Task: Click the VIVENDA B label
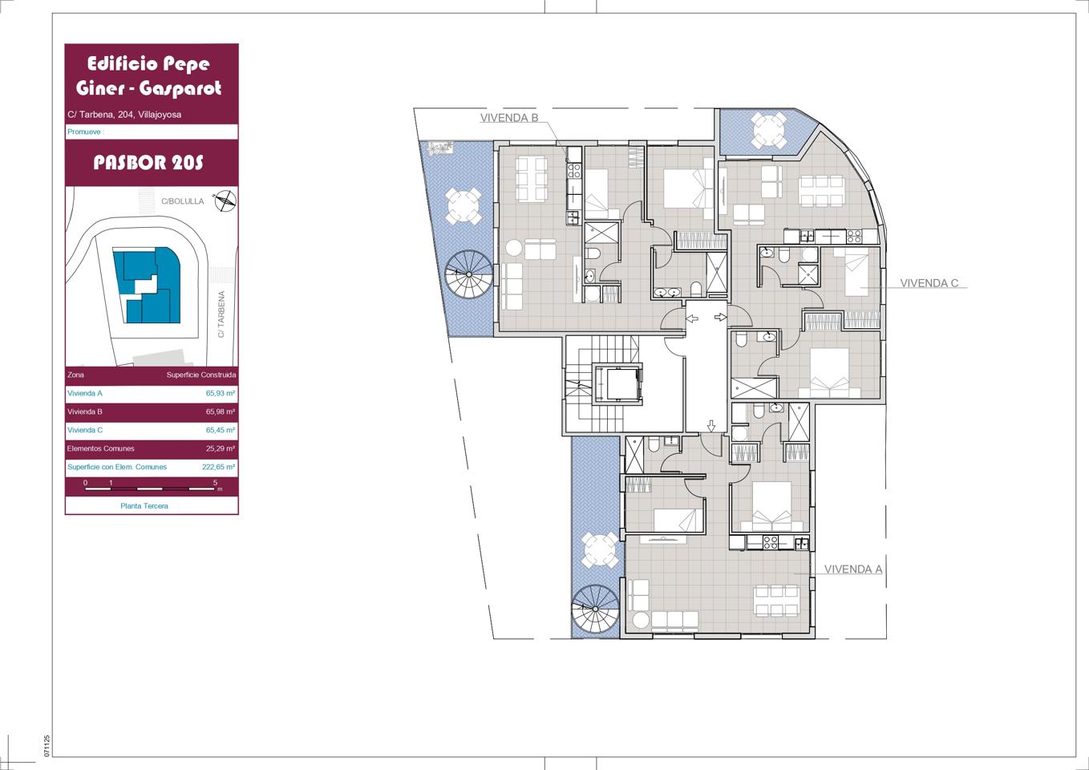pos(509,118)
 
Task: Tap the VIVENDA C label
pos(929,283)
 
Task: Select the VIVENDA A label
pos(853,569)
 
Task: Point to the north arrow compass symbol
pos(225,201)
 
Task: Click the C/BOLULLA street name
pos(182,201)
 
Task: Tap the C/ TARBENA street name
pos(221,314)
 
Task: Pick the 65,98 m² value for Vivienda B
pos(221,411)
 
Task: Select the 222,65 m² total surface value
pos(218,467)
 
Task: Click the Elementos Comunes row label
pos(100,448)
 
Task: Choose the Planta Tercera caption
pos(144,506)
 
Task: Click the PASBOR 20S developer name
pos(148,163)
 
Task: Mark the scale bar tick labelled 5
pos(216,483)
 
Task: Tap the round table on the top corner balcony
pos(770,130)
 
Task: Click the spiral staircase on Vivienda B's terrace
pos(469,274)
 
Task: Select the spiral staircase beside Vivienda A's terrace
pos(596,610)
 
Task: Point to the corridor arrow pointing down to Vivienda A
pos(711,426)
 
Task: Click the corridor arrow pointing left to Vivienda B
pos(692,318)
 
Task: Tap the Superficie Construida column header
pos(201,375)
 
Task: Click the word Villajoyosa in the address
pos(160,115)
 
